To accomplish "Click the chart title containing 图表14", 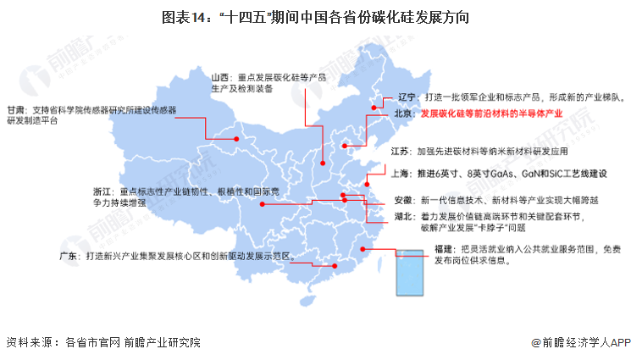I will pyautogui.click(x=314, y=16).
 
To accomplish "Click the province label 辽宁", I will pyautogui.click(x=407, y=97).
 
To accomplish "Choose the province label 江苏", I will pyautogui.click(x=401, y=152).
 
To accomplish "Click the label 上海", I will pyautogui.click(x=401, y=174).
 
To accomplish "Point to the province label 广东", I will pyautogui.click(x=69, y=254).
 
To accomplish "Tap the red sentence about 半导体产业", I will pyautogui.click(x=491, y=114).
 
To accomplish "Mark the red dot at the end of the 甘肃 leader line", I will pyautogui.click(x=237, y=140).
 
